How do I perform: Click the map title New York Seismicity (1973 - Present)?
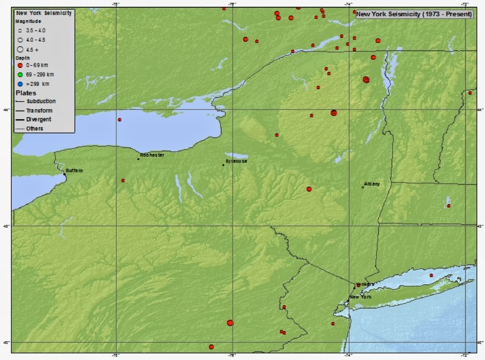(414, 14)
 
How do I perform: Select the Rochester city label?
(152, 155)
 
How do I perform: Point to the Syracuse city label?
(236, 161)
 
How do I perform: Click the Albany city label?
(372, 183)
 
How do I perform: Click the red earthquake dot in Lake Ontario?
(119, 119)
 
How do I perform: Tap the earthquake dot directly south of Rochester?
(123, 181)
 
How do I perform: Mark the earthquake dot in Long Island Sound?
(431, 275)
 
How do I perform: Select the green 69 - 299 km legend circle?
(20, 74)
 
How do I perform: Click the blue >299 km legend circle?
(20, 84)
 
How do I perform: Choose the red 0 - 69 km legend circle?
(20, 65)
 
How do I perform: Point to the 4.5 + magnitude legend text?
(33, 50)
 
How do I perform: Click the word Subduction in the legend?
(41, 101)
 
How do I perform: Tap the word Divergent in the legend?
(38, 119)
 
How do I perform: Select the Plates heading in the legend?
(26, 93)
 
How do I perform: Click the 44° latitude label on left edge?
(8, 109)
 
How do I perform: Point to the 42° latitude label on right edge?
(481, 226)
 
